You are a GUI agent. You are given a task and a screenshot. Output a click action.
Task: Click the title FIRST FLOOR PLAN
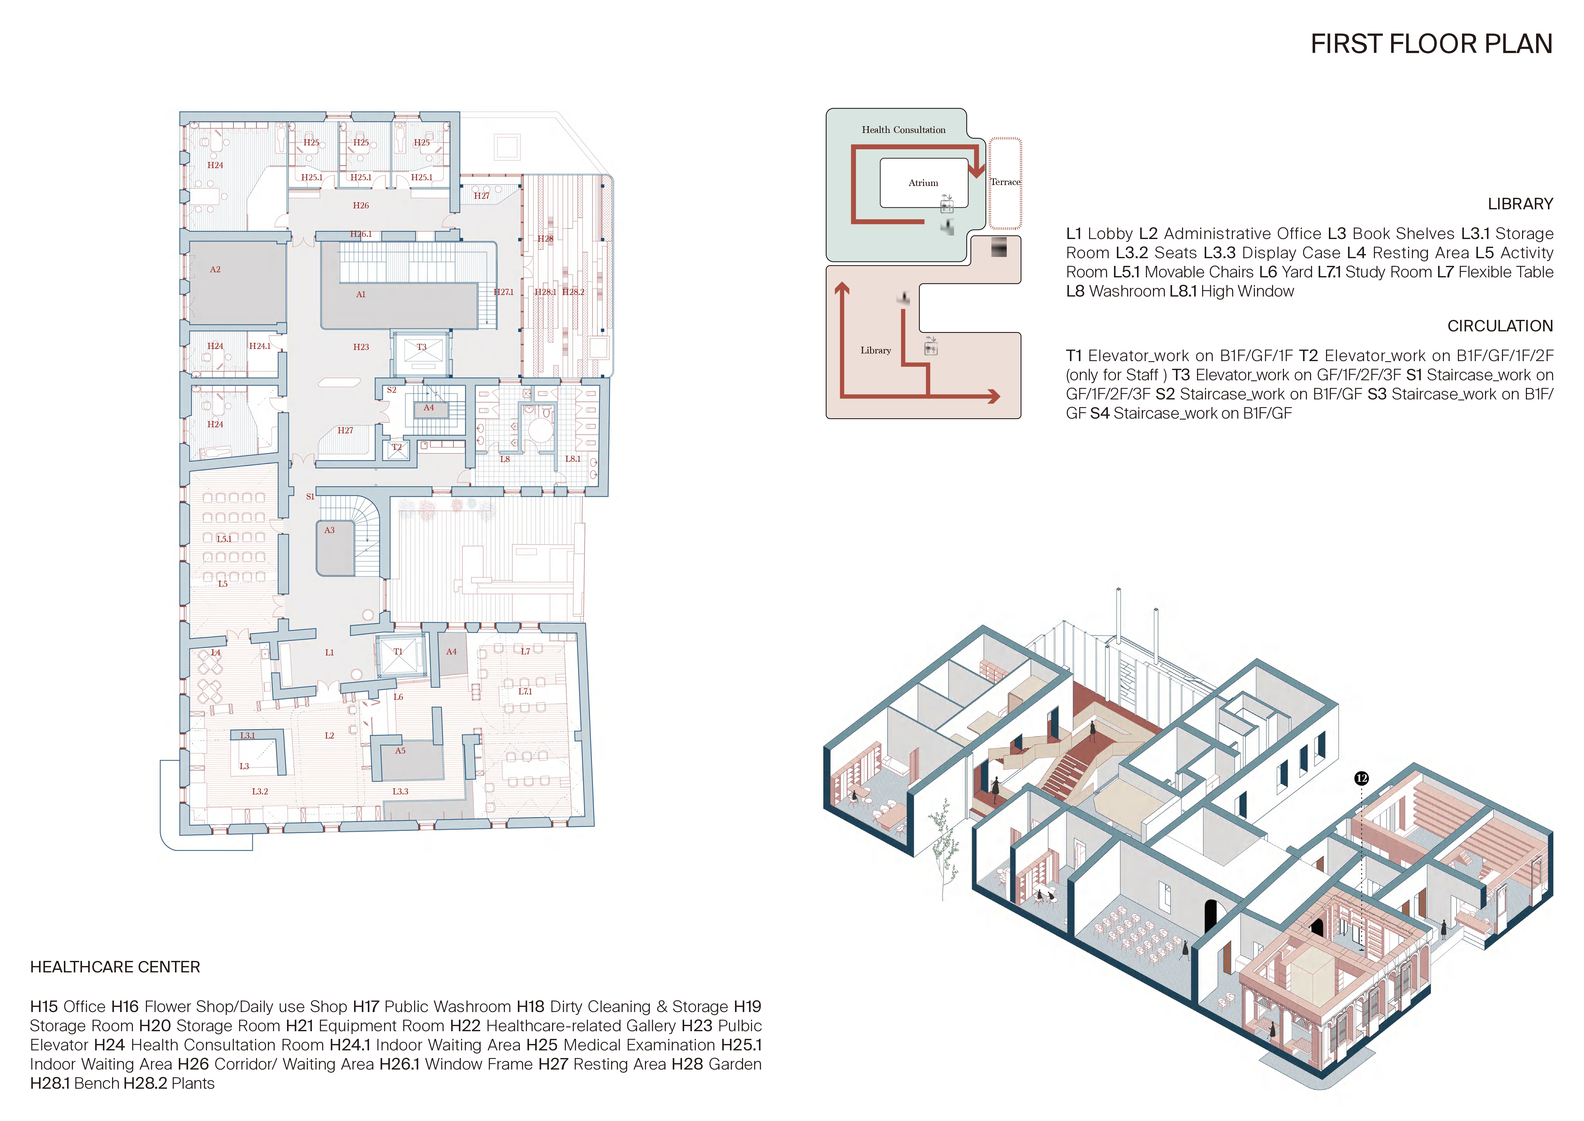1431,44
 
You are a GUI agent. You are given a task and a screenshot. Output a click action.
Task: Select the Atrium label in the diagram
923,183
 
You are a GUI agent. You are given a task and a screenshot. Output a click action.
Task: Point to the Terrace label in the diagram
1005,182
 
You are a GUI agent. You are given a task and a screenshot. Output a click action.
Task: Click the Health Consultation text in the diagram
903,130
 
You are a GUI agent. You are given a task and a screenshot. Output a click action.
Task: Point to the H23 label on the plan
361,347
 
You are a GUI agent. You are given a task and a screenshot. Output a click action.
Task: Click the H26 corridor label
361,206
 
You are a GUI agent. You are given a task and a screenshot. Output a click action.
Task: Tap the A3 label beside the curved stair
329,530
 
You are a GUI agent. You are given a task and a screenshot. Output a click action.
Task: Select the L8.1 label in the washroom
572,459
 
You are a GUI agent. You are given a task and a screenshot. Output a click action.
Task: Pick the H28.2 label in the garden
573,292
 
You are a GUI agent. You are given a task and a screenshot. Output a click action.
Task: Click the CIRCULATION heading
1500,326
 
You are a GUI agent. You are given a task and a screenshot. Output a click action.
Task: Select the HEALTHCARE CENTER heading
115,967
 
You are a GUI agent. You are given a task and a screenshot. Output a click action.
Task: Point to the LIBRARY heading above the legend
1520,204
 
